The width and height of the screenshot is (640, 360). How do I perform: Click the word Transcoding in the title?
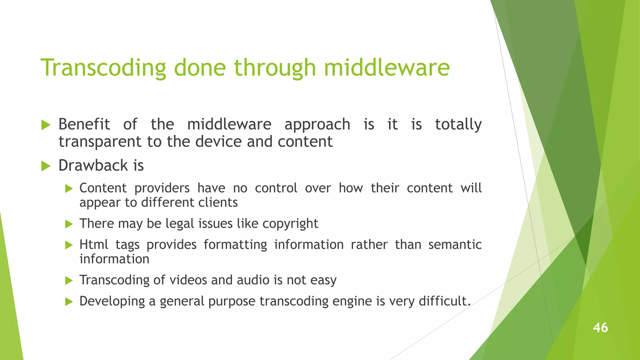click(x=103, y=68)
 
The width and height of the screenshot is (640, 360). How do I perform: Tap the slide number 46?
click(x=600, y=327)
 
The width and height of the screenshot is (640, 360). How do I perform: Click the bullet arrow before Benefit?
click(x=46, y=125)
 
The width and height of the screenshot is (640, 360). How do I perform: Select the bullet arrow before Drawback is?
click(x=46, y=166)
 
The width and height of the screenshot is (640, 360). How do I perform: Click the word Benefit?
click(x=84, y=124)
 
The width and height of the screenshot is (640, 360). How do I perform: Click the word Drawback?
click(x=93, y=165)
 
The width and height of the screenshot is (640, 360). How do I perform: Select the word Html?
click(x=94, y=244)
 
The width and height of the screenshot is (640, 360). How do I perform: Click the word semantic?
click(x=455, y=244)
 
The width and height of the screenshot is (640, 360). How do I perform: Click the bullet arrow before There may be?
click(x=69, y=224)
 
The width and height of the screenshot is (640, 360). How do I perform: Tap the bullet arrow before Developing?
click(x=69, y=302)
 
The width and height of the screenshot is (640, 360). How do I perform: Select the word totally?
click(x=458, y=125)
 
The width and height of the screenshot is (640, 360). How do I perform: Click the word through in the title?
click(x=275, y=68)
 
